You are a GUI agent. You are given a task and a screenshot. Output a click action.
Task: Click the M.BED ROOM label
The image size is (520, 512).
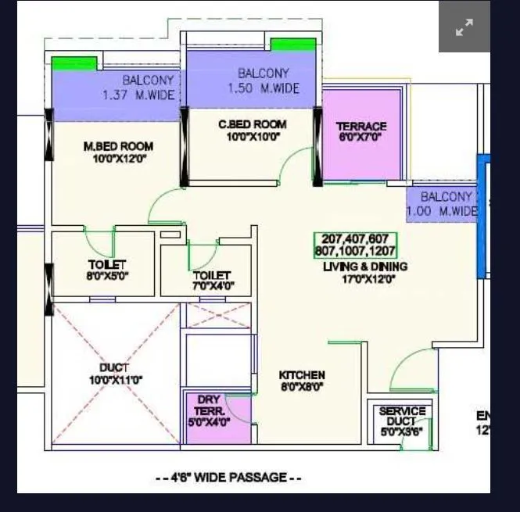coord(118,146)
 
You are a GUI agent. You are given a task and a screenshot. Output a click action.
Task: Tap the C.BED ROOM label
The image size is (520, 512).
coord(252,124)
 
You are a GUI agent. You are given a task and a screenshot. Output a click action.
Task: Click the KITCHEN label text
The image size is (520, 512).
coord(302,375)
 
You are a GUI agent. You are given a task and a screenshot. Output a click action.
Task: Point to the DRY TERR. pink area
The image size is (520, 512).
coord(210,410)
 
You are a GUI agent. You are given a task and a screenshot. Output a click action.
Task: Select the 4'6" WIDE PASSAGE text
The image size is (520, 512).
coord(229,478)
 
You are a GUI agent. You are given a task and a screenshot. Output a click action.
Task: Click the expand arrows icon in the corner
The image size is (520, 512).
coord(464,27)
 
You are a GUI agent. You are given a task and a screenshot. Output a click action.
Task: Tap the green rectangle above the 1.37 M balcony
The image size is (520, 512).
coord(74,63)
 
